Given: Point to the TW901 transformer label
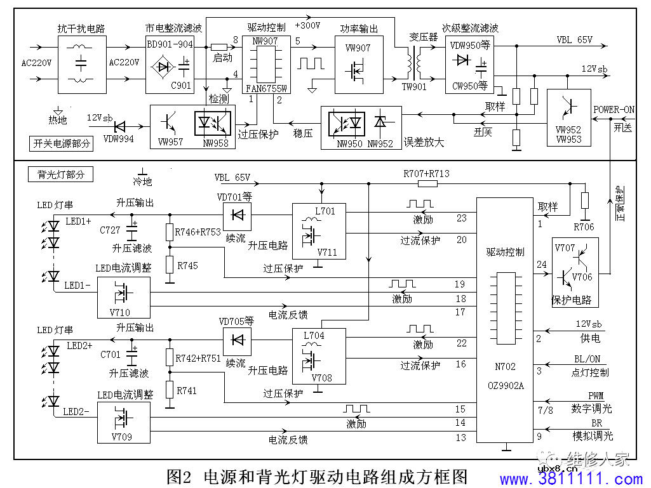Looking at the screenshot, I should click(415, 87).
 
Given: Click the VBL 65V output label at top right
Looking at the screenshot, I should click(574, 39).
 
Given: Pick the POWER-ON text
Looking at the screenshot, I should click(614, 110).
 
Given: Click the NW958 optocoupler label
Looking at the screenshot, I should click(215, 142).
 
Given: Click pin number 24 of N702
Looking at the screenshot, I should click(541, 264).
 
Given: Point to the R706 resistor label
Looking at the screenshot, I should click(584, 227).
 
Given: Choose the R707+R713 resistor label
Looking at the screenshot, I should click(426, 173).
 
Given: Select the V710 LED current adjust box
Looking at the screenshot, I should click(124, 297).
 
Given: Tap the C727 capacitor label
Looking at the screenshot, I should click(111, 229).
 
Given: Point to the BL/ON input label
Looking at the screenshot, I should click(587, 359).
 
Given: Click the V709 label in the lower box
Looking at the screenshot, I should click(121, 437).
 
